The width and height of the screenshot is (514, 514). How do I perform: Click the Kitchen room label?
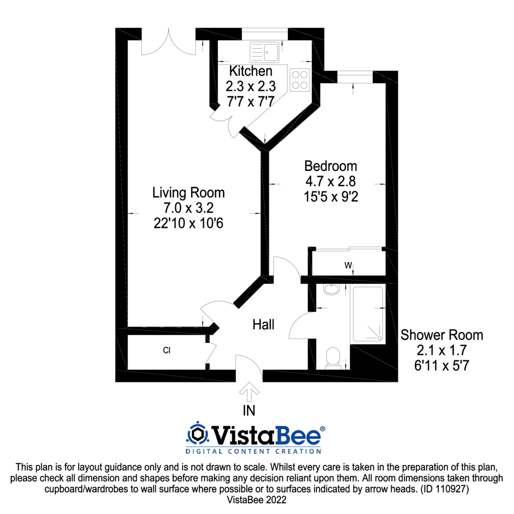[250, 71]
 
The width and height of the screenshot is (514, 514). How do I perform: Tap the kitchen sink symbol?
[264, 51]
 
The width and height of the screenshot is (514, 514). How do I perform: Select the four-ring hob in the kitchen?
[299, 80]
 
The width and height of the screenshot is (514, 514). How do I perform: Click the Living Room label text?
[189, 193]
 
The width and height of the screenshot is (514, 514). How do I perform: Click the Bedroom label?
[331, 166]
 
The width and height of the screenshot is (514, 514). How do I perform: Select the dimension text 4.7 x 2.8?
[331, 181]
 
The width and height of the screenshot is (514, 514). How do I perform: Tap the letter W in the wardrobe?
[348, 266]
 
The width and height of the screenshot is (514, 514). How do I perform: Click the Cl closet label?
[167, 351]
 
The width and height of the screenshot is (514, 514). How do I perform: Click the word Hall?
[263, 325]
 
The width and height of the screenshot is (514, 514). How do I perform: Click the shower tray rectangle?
[367, 315]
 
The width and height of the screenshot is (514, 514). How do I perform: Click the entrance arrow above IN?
[250, 392]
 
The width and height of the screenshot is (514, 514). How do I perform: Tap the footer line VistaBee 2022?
[257, 499]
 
